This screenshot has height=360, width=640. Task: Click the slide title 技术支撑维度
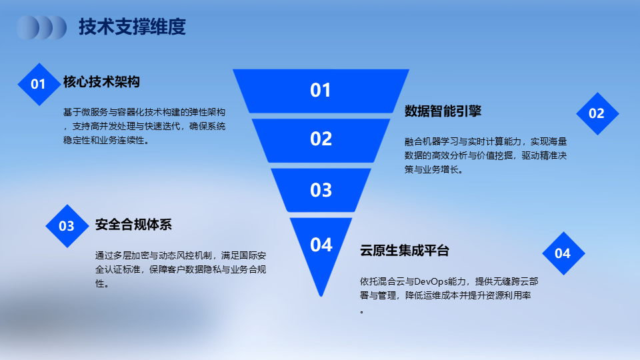[132, 27]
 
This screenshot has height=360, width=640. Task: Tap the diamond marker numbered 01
[39, 84]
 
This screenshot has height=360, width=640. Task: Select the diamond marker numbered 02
[597, 113]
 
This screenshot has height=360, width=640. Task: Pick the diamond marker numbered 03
[67, 226]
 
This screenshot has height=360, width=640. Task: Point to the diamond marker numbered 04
[564, 253]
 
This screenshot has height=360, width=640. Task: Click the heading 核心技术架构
[101, 82]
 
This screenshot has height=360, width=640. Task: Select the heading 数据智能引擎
[443, 111]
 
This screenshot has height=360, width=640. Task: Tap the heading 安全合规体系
[133, 225]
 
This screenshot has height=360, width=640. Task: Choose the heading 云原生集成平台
[405, 250]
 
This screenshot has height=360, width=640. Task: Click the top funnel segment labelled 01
[321, 91]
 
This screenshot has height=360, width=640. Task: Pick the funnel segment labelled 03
[321, 190]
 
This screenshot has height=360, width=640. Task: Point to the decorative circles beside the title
[41, 28]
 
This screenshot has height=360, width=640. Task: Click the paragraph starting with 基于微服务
[145, 126]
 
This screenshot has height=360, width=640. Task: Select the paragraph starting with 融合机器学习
[486, 155]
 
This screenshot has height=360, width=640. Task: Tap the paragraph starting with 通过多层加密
[181, 269]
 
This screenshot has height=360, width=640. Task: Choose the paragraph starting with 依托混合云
[449, 295]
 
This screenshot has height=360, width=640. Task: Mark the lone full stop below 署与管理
[362, 312]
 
